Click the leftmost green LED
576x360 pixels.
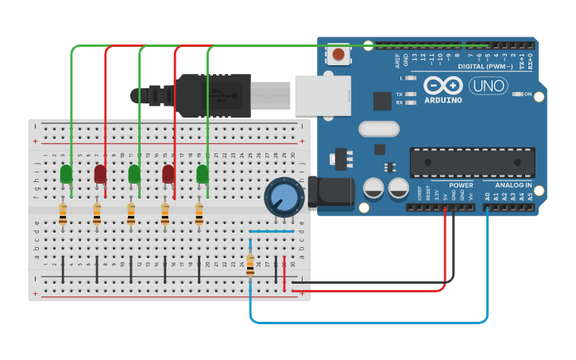point(66,173)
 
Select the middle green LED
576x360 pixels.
point(134,173)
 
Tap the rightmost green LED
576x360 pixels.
point(203,173)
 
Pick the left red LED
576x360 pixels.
point(100,173)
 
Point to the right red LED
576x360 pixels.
point(168,173)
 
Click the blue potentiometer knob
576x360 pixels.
point(284,195)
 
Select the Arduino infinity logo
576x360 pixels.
point(443,85)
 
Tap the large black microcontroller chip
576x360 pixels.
point(472,163)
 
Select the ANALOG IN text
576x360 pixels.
point(513,185)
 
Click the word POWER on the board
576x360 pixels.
point(461,185)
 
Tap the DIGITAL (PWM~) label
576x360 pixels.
point(484,66)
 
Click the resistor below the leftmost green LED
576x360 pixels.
point(63,213)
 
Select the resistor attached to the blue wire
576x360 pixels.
point(250,264)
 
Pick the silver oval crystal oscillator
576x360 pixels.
point(378,129)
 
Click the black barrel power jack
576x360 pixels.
point(334,193)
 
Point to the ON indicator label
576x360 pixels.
point(528,94)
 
